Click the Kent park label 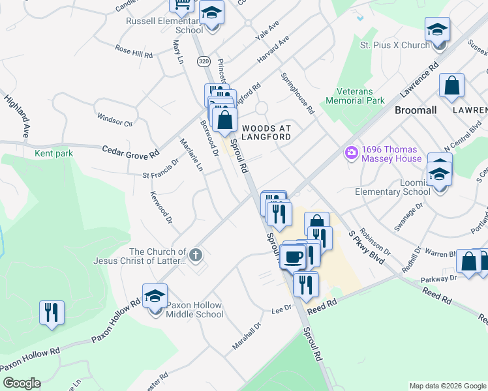coord(53,154)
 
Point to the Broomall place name coord(416,110)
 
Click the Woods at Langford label coord(266,132)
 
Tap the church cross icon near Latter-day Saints coord(195,253)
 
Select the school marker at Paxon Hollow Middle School coord(155,297)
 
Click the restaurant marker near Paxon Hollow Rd coord(52,311)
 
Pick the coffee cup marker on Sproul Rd coord(293,256)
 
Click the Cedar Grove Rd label coord(130,151)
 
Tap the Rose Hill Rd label coord(133,51)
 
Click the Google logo coord(22,383)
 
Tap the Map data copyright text coord(446,386)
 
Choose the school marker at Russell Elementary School coord(211,13)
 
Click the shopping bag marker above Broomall coord(451,86)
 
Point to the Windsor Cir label coord(115,121)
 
